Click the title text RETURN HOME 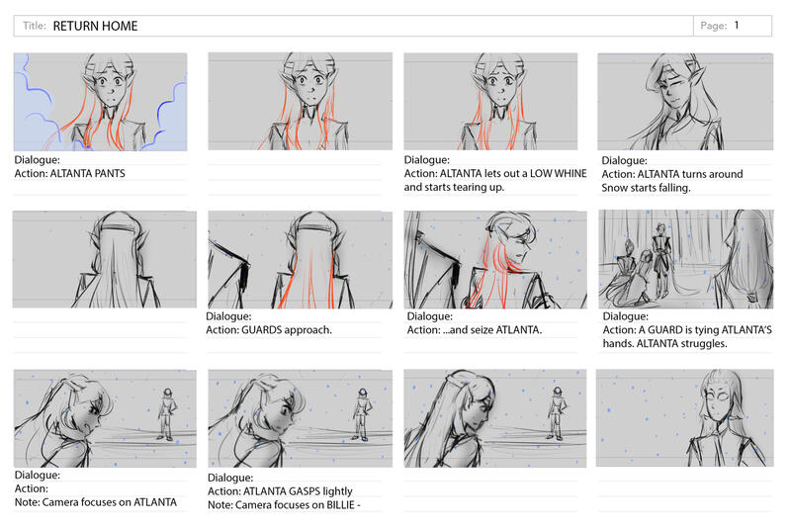click(x=95, y=26)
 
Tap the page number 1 click(x=737, y=25)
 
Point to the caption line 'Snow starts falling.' click(x=646, y=188)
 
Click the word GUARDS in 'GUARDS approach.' click(x=261, y=330)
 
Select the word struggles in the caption click(x=704, y=344)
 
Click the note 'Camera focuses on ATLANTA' click(x=110, y=502)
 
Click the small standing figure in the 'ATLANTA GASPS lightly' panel click(x=361, y=415)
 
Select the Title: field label click(x=35, y=26)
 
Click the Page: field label click(x=714, y=26)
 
